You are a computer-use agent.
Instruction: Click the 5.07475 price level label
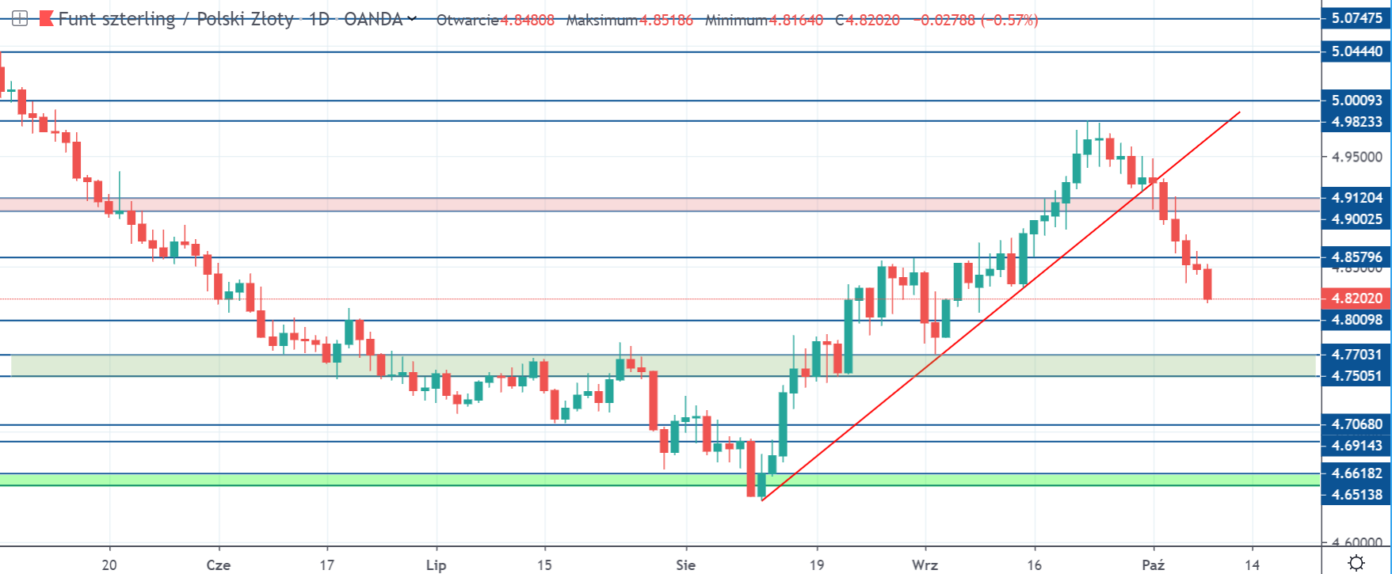click(x=1356, y=18)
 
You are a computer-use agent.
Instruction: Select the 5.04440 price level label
click(x=1356, y=51)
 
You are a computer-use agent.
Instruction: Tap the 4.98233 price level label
click(x=1356, y=121)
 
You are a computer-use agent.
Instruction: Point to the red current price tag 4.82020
click(x=1356, y=298)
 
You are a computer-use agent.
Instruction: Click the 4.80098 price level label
click(x=1356, y=320)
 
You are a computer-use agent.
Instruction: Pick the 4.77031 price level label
click(x=1356, y=355)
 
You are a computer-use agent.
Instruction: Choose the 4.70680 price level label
click(x=1356, y=424)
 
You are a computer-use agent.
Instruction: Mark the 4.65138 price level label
click(x=1356, y=495)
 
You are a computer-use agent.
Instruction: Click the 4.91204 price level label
click(x=1356, y=198)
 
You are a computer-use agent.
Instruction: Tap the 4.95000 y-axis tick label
click(x=1356, y=157)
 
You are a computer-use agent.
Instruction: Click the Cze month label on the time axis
click(x=218, y=564)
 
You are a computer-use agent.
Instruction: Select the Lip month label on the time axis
click(x=436, y=564)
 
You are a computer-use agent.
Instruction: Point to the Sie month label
click(x=685, y=564)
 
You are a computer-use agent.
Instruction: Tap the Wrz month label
click(x=925, y=564)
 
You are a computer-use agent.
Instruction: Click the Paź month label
click(x=1153, y=564)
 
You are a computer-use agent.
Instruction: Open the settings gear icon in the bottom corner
click(x=1356, y=564)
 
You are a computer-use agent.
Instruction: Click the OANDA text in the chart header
click(x=373, y=20)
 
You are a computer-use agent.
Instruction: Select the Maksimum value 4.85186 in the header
click(x=665, y=20)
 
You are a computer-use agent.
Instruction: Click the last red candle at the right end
click(x=1207, y=284)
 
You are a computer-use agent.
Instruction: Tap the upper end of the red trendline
click(x=1239, y=112)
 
